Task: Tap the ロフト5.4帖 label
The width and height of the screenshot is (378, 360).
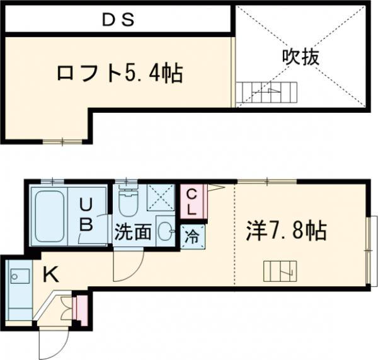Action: pos(119,74)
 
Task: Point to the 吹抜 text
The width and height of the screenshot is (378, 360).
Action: pos(301,57)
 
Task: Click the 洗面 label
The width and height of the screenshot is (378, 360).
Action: pos(133,232)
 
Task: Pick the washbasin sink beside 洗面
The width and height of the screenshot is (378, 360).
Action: pos(166,231)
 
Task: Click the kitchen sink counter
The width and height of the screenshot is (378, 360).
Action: pos(18,294)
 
